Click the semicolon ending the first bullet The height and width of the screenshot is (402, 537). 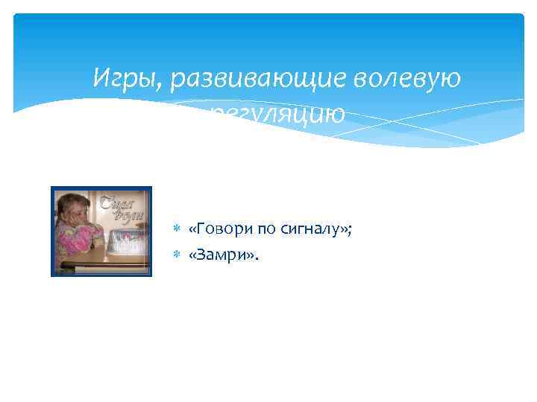[x=350, y=232]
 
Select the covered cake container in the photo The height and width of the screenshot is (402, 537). [x=126, y=239]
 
